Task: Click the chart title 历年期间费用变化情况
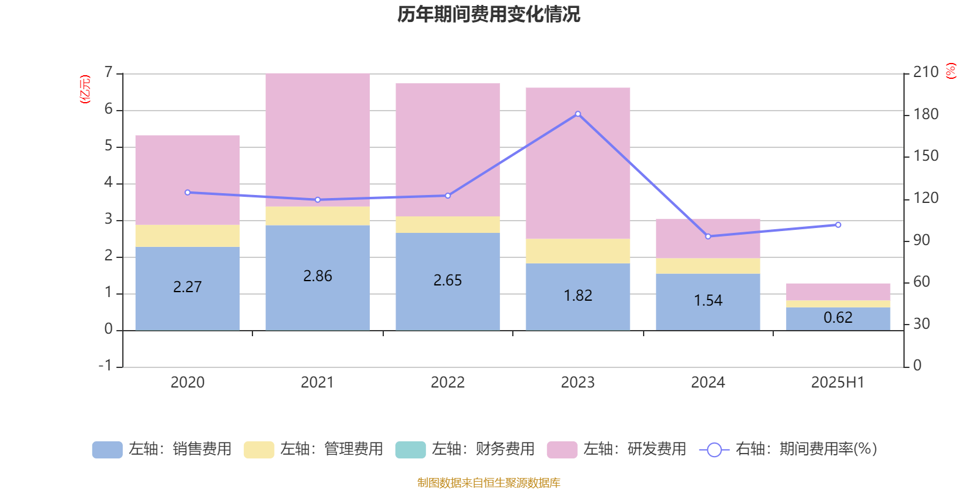pyautogui.click(x=488, y=14)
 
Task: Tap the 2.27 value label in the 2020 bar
pyautogui.click(x=187, y=287)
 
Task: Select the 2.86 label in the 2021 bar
pyautogui.click(x=317, y=276)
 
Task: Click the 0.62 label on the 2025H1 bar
pyautogui.click(x=837, y=317)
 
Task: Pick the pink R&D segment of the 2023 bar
pyautogui.click(x=578, y=163)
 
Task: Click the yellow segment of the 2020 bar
pyautogui.click(x=187, y=236)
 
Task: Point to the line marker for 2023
pyautogui.click(x=578, y=114)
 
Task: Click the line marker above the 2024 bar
pyautogui.click(x=708, y=236)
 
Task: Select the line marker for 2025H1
pyautogui.click(x=838, y=225)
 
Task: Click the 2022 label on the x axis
pyautogui.click(x=447, y=383)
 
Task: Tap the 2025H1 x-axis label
pyautogui.click(x=837, y=383)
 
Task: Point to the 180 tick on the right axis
pyautogui.click(x=925, y=114)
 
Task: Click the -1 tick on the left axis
pyautogui.click(x=106, y=366)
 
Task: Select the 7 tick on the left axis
pyautogui.click(x=109, y=72)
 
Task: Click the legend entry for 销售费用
pyautogui.click(x=163, y=449)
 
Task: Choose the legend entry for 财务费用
pyautogui.click(x=466, y=449)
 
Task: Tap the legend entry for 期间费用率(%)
pyautogui.click(x=789, y=449)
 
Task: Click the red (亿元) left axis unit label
pyautogui.click(x=84, y=89)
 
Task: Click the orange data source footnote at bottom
pyautogui.click(x=488, y=483)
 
